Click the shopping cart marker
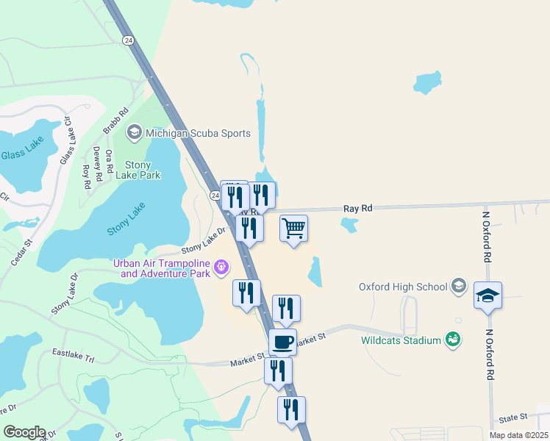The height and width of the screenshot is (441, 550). click(x=293, y=229)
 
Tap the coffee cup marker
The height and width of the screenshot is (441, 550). click(x=282, y=342)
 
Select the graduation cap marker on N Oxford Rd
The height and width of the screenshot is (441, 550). click(x=488, y=295)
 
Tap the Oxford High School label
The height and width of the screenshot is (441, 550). click(x=403, y=287)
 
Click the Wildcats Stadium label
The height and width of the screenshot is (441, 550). click(x=401, y=340)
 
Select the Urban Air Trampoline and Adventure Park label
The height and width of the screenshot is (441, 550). click(x=161, y=268)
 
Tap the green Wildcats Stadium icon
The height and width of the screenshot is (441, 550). click(x=453, y=339)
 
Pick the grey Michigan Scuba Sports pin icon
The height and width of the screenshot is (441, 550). click(x=134, y=133)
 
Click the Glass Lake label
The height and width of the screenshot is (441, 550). click(x=22, y=154)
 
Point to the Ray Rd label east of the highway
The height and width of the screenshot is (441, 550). click(x=358, y=209)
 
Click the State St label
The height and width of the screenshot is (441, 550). click(x=513, y=417)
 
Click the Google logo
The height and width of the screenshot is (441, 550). click(x=24, y=432)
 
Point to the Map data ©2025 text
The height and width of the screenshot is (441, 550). click(x=518, y=435)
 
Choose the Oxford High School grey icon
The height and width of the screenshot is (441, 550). click(x=460, y=285)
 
